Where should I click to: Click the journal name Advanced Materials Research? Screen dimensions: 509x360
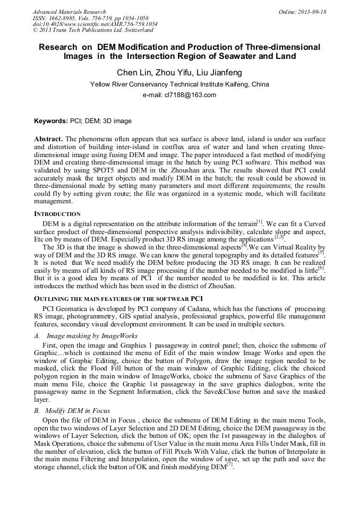(x=70, y=12)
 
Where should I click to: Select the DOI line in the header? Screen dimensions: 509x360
(x=95, y=24)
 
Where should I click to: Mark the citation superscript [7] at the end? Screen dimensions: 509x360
(x=230, y=464)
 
